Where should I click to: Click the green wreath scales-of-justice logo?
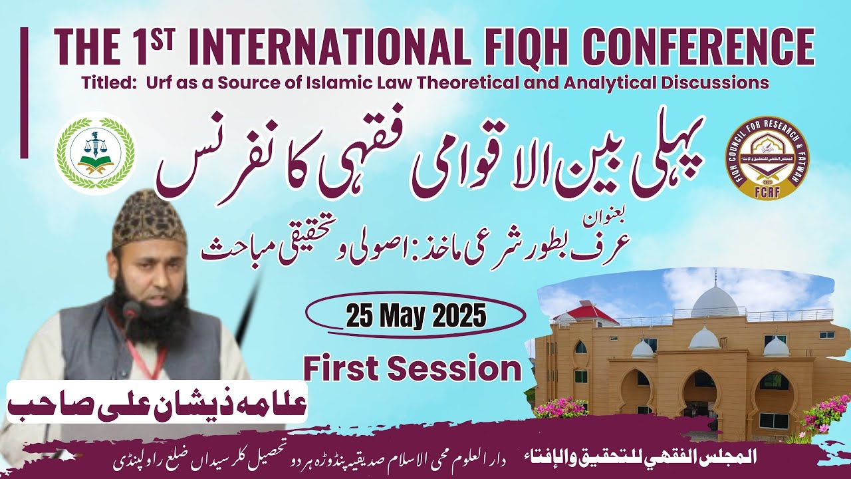(x=95, y=153)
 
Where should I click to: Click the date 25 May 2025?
(x=416, y=315)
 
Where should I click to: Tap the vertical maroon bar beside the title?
(x=25, y=92)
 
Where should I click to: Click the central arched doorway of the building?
(x=699, y=400)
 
